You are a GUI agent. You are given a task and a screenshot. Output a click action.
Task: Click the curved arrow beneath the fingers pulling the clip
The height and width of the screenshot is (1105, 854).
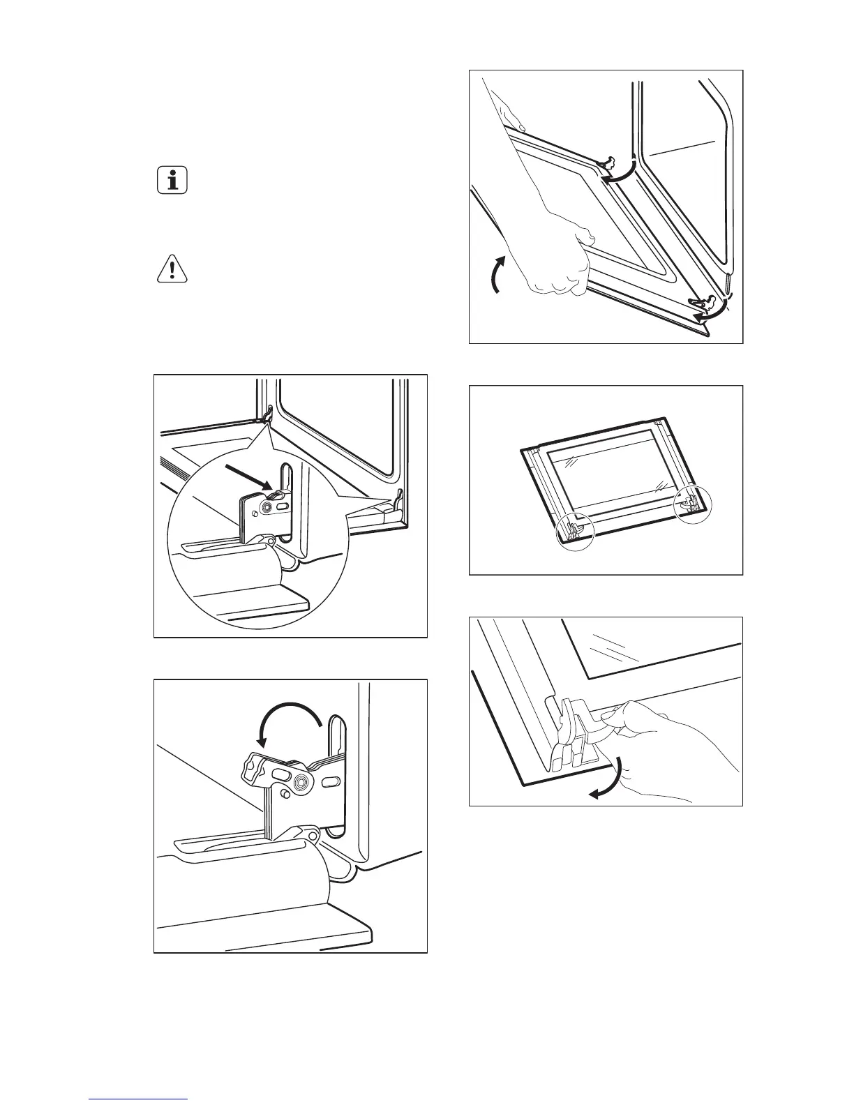(606, 781)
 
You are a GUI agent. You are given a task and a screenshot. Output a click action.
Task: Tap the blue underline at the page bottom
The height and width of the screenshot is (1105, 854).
(139, 1099)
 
